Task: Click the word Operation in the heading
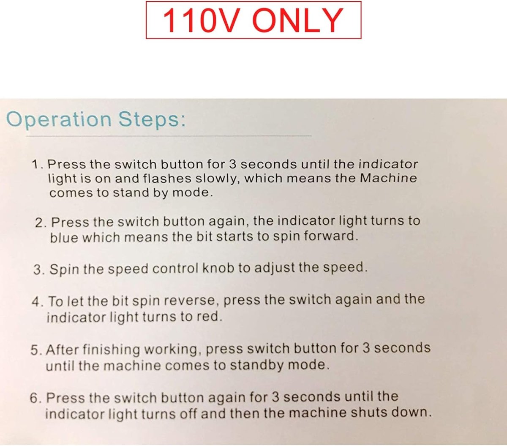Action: pos(59,120)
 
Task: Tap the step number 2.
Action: pos(41,223)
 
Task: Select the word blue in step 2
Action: pos(64,237)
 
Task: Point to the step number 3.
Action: pos(39,270)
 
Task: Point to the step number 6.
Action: pos(36,398)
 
